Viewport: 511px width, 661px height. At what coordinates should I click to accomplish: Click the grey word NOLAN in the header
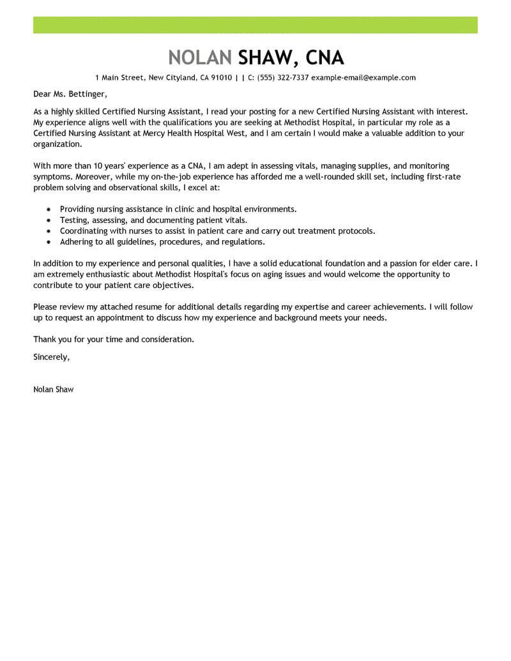click(x=199, y=57)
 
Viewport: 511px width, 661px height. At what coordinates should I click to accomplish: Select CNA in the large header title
click(x=325, y=57)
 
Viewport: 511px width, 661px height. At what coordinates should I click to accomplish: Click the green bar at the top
click(x=256, y=25)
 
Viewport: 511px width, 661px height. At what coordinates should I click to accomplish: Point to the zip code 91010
click(x=219, y=78)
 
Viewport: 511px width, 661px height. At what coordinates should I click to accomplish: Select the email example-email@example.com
click(x=363, y=78)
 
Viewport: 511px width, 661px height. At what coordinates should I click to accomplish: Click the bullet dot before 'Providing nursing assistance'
click(x=49, y=209)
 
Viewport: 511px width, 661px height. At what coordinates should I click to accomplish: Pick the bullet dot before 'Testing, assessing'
click(x=49, y=220)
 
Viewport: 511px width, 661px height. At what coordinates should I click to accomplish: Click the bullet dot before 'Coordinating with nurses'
click(x=49, y=231)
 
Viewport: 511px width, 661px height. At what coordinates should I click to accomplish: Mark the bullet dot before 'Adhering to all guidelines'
click(x=49, y=242)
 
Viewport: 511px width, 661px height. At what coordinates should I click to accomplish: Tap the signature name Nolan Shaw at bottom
click(x=53, y=389)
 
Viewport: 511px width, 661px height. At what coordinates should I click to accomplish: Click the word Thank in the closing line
click(x=45, y=339)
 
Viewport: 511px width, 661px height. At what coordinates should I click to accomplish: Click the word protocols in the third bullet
click(x=356, y=231)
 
